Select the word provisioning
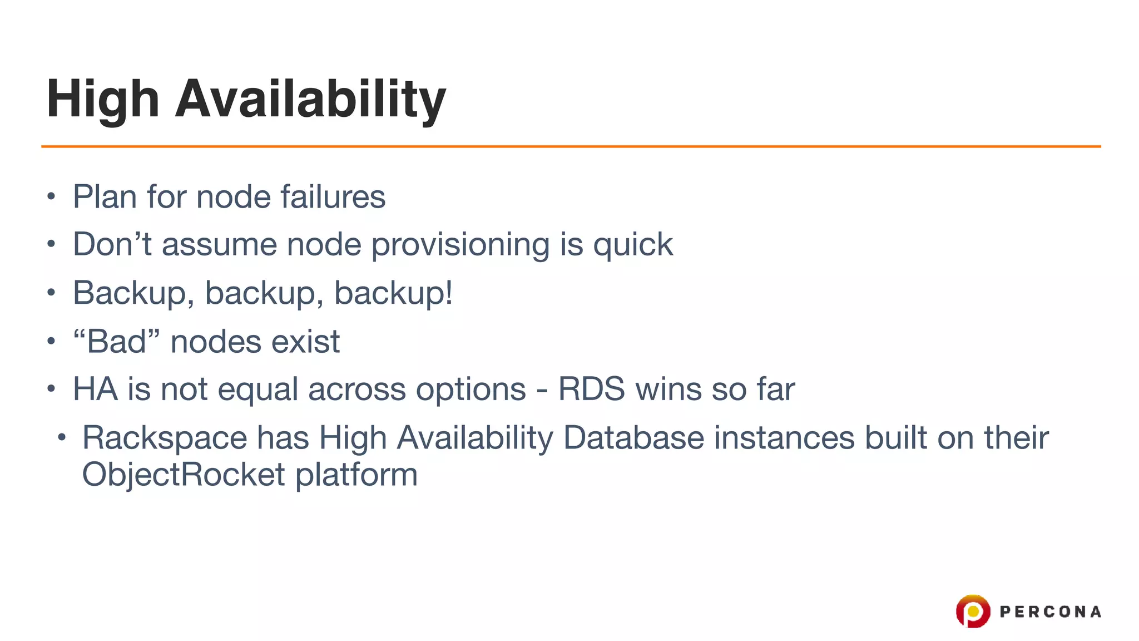point(460,245)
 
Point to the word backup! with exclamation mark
point(393,293)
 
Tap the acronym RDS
point(591,388)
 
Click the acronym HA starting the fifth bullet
point(95,388)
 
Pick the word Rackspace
point(165,437)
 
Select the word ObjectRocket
point(184,475)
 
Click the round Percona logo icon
point(973,611)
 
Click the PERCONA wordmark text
point(1050,612)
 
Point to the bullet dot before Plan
point(51,197)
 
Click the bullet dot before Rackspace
point(62,437)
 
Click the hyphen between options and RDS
point(542,389)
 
